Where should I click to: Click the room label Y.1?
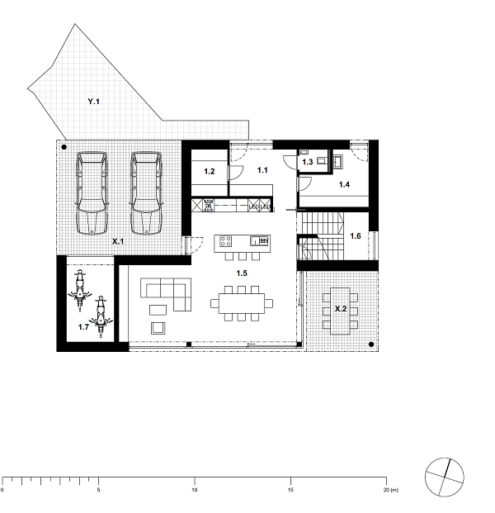tap(93, 102)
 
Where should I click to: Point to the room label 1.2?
tap(210, 172)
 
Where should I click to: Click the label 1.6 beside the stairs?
tap(356, 237)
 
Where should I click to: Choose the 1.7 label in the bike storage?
tap(83, 327)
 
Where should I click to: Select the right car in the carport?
tap(146, 194)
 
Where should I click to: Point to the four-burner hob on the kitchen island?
tap(224, 242)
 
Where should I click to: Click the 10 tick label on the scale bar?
tap(195, 490)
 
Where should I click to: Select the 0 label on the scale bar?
tap(3, 490)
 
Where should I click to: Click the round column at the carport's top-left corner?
tap(64, 147)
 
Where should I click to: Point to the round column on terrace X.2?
tap(371, 344)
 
